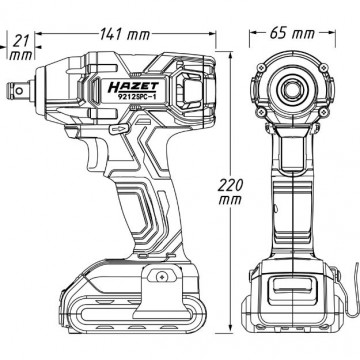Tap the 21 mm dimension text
coord(21,48)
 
